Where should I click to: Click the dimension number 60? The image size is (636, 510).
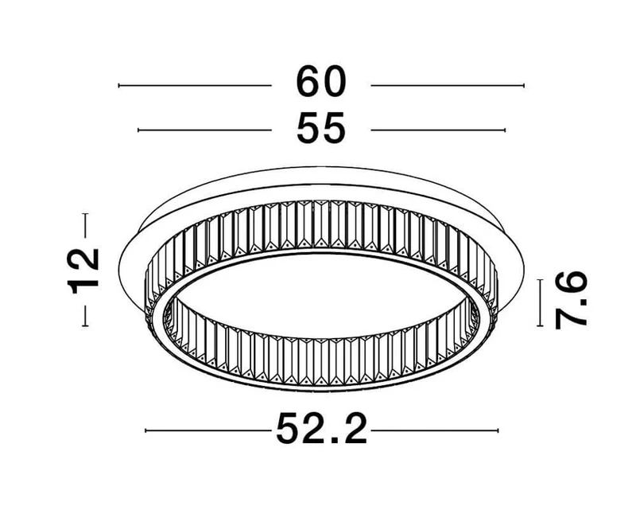(321, 82)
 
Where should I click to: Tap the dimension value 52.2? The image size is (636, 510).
(322, 428)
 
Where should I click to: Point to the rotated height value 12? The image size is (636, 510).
(83, 270)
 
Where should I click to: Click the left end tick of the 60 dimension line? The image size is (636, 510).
(118, 86)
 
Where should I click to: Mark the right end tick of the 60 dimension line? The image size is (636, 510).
(524, 86)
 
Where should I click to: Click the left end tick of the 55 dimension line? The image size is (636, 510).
(138, 130)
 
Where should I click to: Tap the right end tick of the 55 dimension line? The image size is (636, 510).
(505, 130)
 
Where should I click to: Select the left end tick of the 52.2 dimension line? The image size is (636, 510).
(146, 430)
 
